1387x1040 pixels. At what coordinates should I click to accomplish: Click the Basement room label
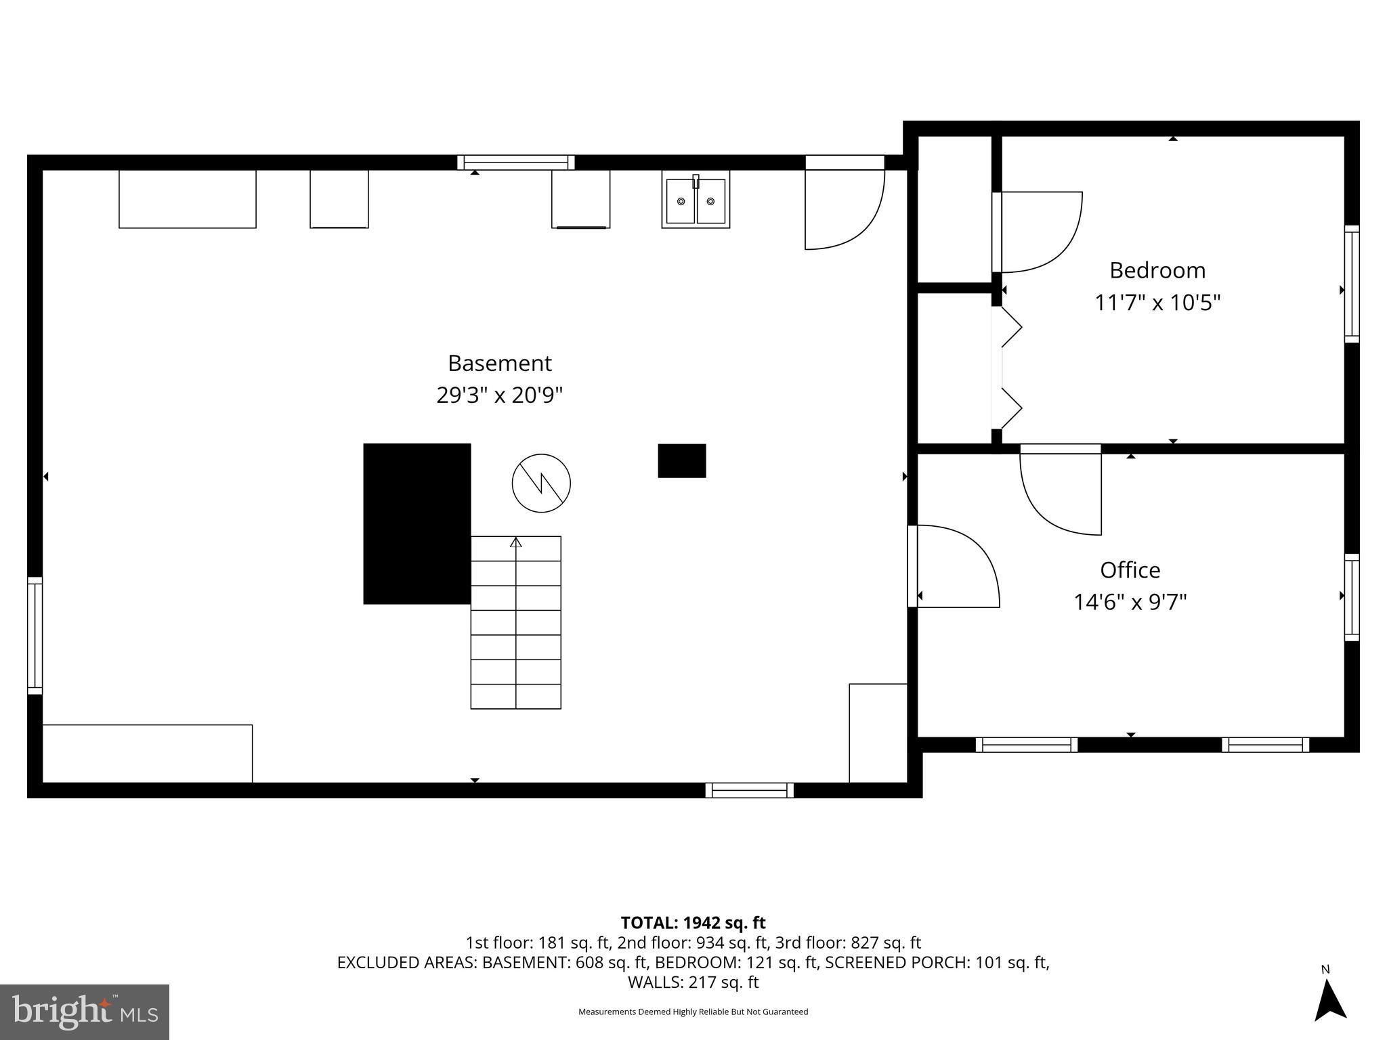[499, 364]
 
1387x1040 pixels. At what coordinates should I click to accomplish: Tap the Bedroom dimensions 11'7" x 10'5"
[1157, 302]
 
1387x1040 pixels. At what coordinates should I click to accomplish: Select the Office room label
[1130, 570]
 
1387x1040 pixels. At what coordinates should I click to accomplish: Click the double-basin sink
[696, 201]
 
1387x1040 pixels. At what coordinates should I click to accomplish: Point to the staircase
[516, 623]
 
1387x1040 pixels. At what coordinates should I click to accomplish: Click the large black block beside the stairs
[417, 523]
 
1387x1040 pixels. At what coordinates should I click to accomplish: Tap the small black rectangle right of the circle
[682, 461]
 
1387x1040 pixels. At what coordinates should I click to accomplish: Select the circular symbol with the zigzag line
[541, 483]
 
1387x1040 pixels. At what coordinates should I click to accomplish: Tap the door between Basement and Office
[953, 567]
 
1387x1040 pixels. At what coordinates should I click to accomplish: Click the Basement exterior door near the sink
[844, 203]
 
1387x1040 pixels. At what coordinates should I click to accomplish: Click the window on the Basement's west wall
[35, 635]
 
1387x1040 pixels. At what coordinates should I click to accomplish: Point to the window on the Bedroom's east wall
[1351, 284]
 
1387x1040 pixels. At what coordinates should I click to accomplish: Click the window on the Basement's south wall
[749, 790]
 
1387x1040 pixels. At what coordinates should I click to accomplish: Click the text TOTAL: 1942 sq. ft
[693, 923]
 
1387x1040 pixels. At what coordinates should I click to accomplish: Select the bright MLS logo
[85, 1012]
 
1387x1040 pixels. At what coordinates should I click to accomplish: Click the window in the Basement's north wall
[515, 162]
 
